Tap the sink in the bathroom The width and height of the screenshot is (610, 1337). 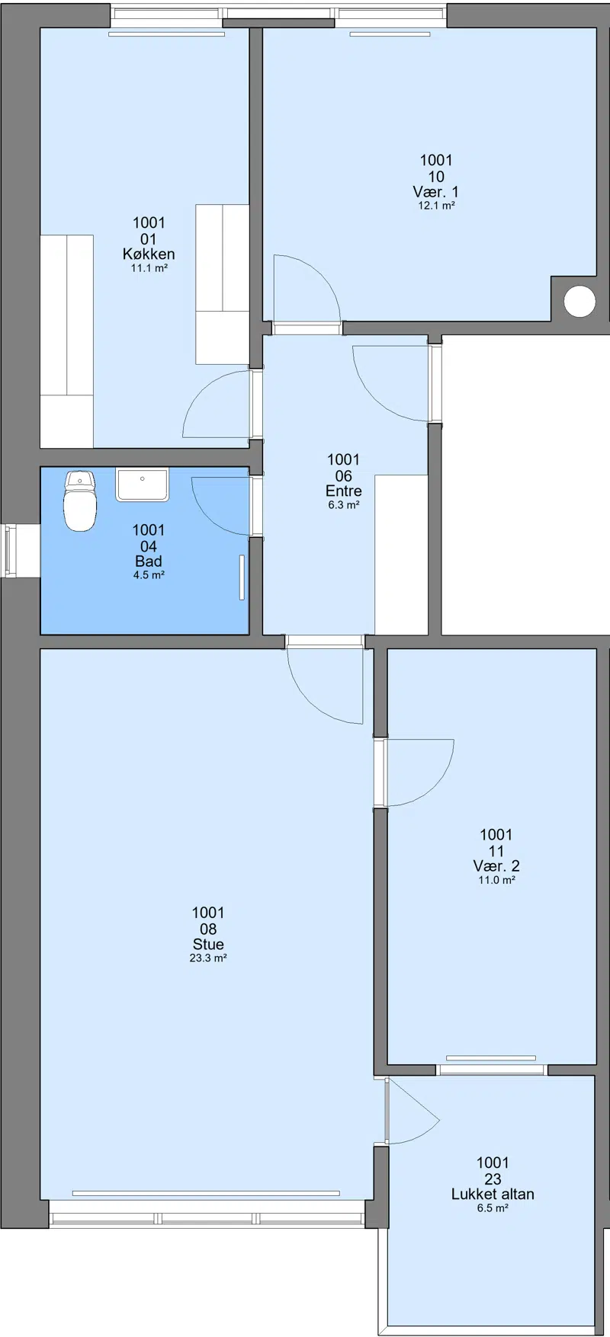[141, 485]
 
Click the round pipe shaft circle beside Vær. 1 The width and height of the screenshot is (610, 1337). [579, 301]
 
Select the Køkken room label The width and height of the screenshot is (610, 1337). [149, 254]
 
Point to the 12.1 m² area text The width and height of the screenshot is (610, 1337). [436, 206]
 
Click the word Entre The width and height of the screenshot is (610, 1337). [343, 491]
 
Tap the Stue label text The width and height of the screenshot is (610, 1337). [208, 945]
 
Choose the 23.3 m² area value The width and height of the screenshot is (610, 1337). [208, 958]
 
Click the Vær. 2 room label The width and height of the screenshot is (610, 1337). [496, 866]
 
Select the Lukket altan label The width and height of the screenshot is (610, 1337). [493, 1194]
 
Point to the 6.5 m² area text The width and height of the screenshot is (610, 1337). [493, 1207]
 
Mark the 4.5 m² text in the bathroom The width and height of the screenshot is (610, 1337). [149, 575]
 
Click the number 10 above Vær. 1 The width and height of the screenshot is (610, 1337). [436, 177]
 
